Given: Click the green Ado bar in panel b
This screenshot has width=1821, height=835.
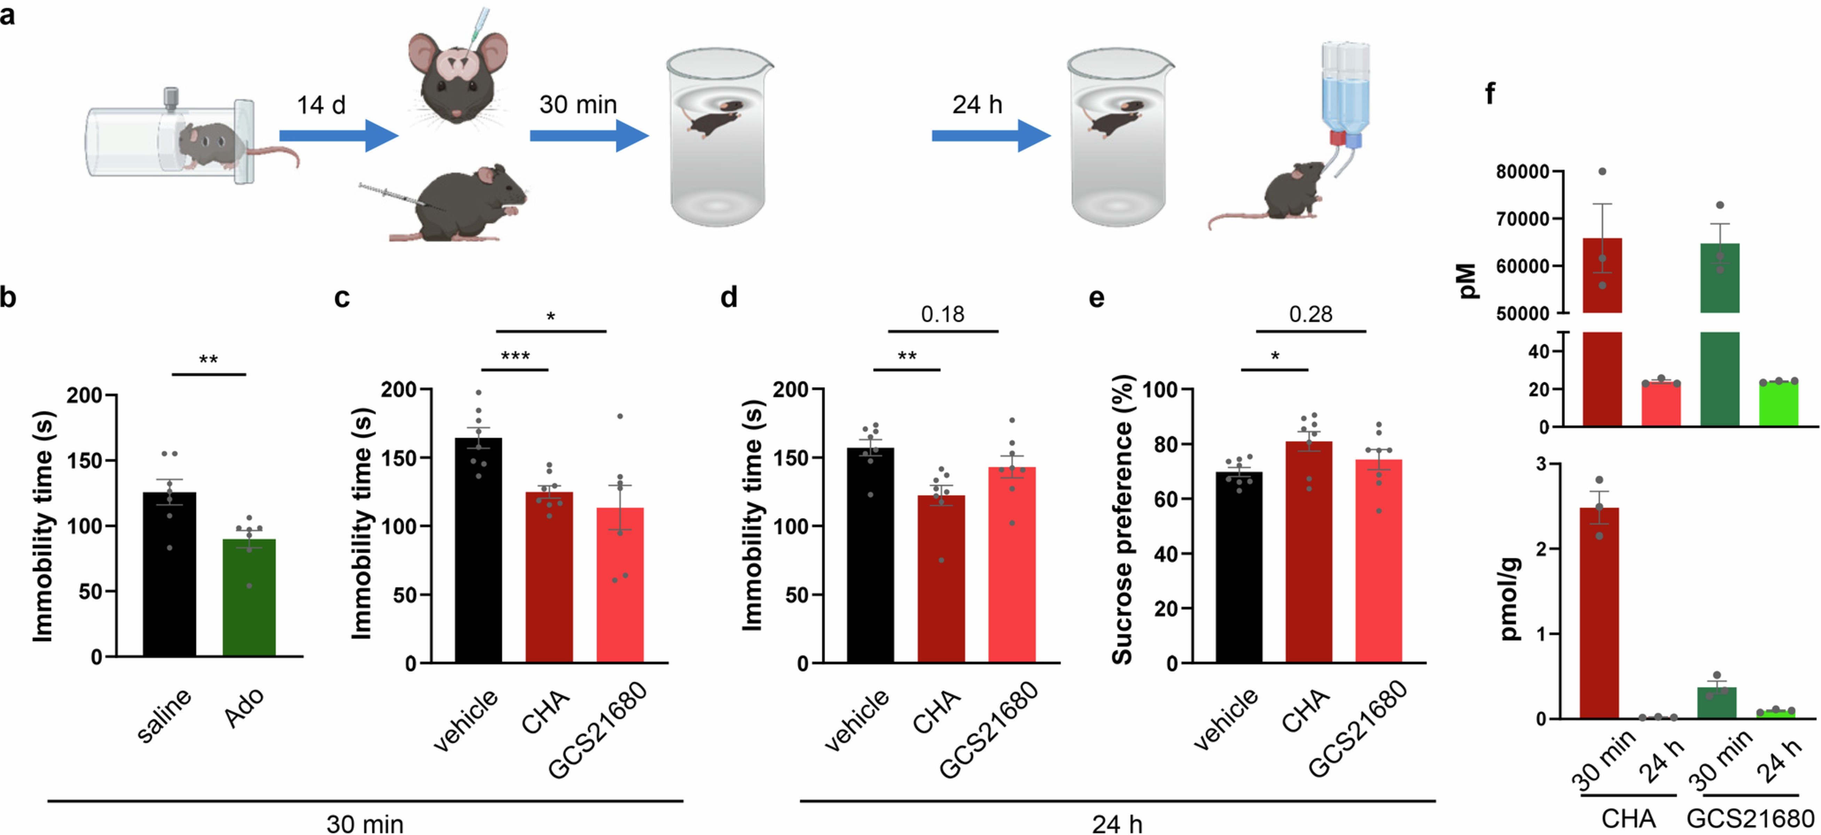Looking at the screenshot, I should coord(249,598).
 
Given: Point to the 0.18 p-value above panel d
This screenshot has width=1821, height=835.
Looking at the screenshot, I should coord(942,314).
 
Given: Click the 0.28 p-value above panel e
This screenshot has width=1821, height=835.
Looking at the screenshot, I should coord(1311,314).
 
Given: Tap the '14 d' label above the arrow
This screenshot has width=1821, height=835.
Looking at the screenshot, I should coord(321,106).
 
